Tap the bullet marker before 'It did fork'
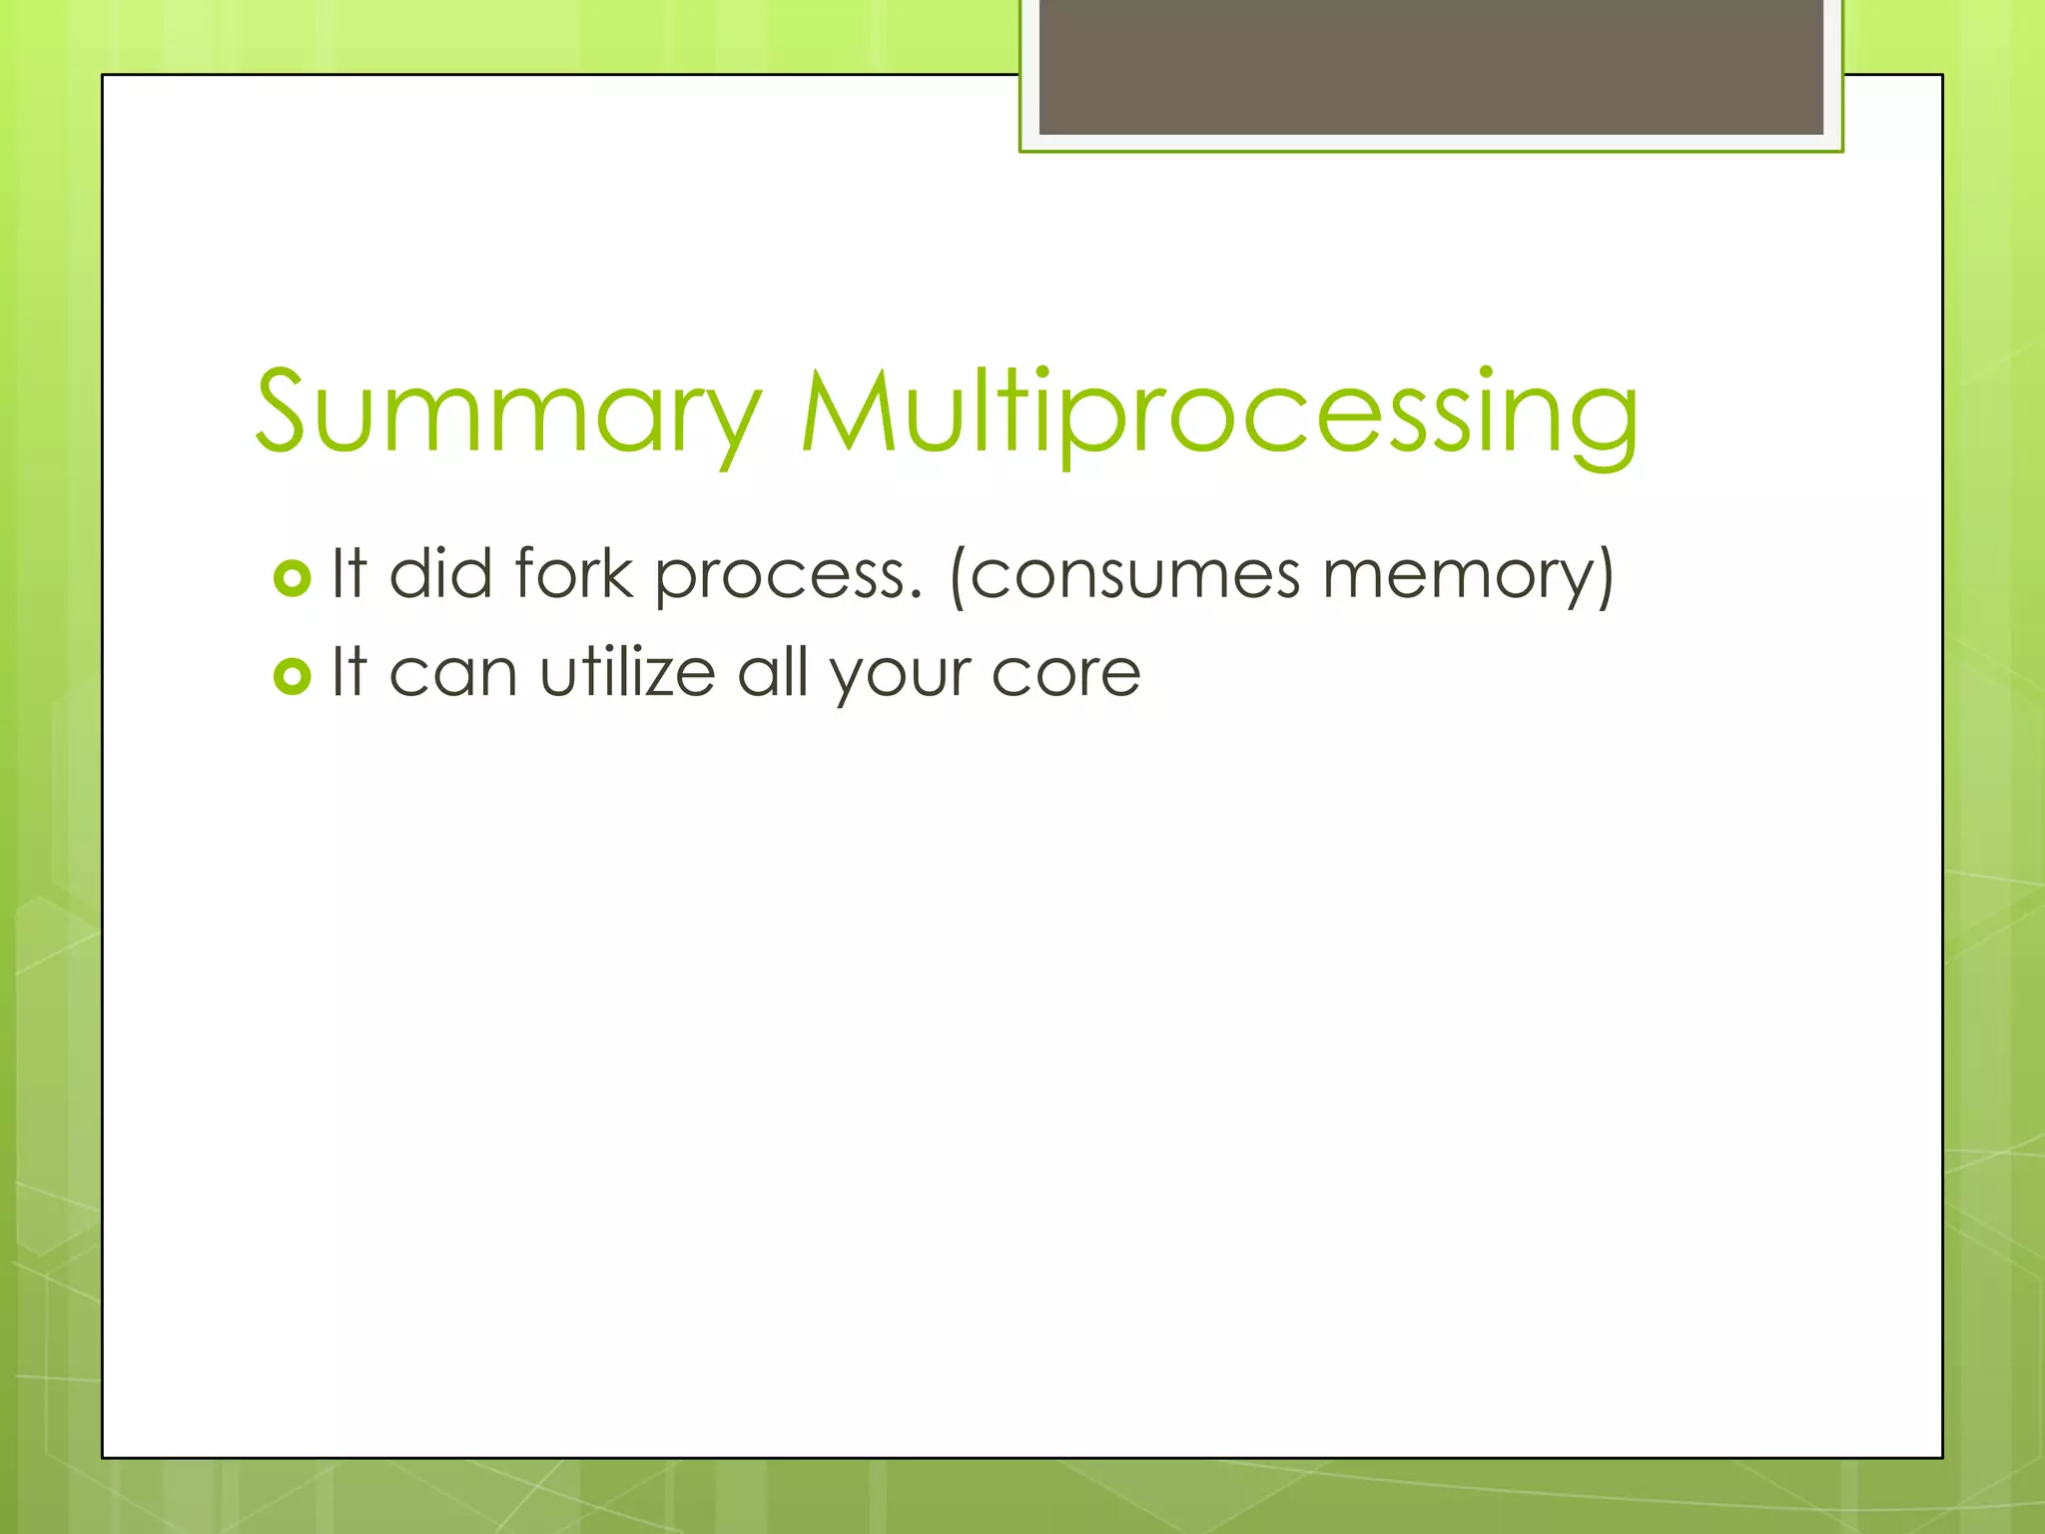tap(292, 578)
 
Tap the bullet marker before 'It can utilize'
tap(292, 677)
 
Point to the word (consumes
tap(1124, 577)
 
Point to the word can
tap(452, 674)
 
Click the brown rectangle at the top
tap(1431, 66)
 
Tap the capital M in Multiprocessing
tap(849, 412)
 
